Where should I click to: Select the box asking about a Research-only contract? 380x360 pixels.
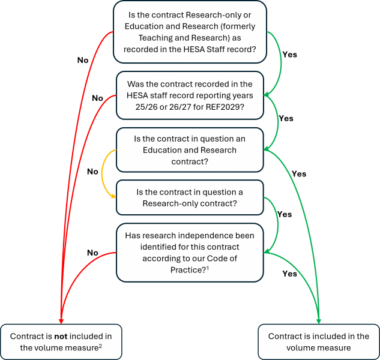tap(190, 197)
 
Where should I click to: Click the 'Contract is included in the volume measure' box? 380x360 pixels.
tap(318, 341)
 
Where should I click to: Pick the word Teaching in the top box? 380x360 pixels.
tap(146, 38)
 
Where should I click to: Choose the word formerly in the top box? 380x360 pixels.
tap(231, 27)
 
